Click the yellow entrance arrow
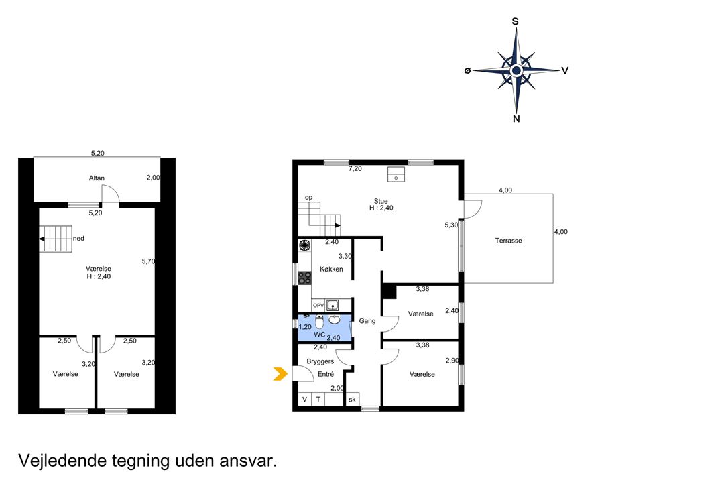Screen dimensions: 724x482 point(280,374)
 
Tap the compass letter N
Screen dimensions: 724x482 point(516,119)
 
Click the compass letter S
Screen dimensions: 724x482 point(516,21)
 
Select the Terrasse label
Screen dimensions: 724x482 point(508,241)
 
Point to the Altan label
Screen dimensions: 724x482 point(97,178)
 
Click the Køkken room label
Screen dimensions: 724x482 point(332,269)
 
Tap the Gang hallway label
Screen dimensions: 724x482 point(367,321)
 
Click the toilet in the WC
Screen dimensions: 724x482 point(319,321)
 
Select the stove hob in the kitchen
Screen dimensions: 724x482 point(304,278)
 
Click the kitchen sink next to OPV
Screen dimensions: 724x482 point(333,305)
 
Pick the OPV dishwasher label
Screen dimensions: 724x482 point(318,306)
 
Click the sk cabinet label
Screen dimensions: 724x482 point(353,400)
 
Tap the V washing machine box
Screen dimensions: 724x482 point(304,400)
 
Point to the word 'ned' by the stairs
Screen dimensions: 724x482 point(78,239)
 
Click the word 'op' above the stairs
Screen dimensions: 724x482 point(308,198)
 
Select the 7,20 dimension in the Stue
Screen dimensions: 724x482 point(355,169)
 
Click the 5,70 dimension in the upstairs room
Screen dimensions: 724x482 point(148,261)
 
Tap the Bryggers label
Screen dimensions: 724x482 point(320,361)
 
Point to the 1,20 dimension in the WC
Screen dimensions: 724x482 point(305,327)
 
